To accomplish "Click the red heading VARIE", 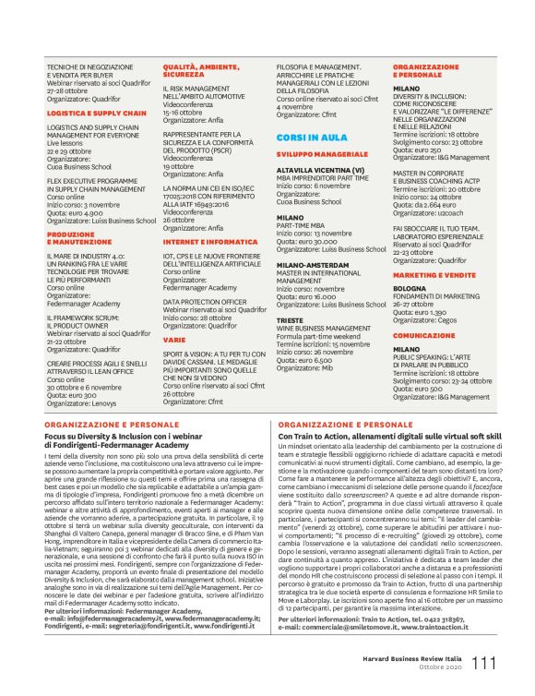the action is click(174, 340).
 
